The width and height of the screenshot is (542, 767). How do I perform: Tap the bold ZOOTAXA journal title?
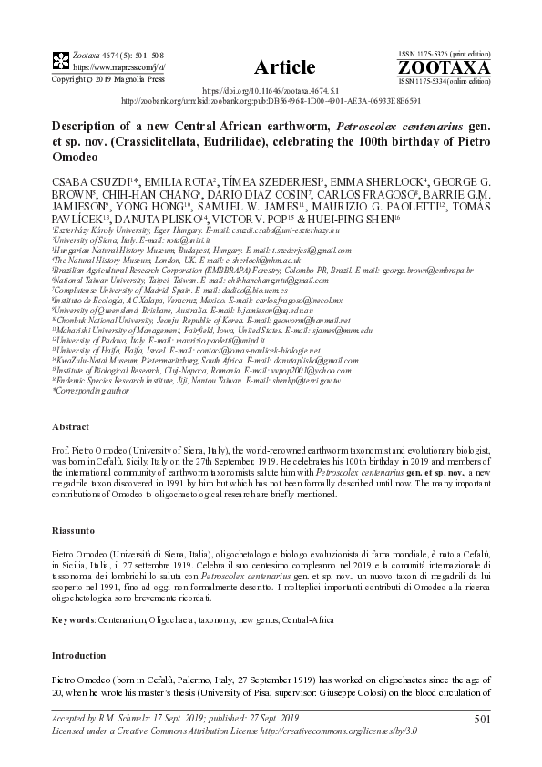(457, 67)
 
